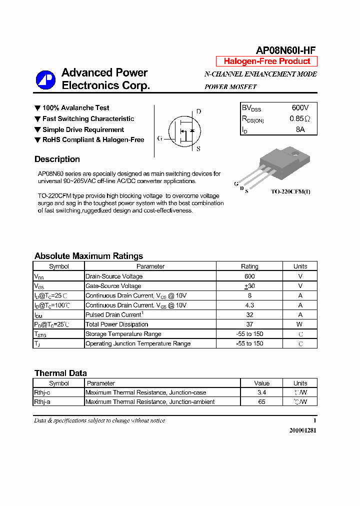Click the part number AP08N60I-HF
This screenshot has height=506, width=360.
point(285,50)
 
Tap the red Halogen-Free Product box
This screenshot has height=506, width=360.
point(266,61)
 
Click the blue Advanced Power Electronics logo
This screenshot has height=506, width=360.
point(45,80)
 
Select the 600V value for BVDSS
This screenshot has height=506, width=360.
point(300,108)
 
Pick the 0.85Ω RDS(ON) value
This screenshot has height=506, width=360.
point(300,119)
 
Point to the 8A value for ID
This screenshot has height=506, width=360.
point(300,129)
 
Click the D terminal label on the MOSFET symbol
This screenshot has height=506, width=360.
point(198,111)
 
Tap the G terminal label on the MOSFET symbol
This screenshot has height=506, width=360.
point(159,138)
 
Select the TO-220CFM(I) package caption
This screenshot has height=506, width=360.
point(290,191)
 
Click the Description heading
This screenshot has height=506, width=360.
point(57,159)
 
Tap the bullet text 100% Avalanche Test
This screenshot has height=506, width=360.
point(75,108)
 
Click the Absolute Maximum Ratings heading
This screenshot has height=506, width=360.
point(88,256)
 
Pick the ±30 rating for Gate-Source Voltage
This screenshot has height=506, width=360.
point(249,286)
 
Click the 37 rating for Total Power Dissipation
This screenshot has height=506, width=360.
point(249,324)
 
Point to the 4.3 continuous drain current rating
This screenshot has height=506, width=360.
point(249,305)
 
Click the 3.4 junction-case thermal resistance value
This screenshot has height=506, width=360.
point(261,392)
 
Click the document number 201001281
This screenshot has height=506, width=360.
point(302,430)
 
